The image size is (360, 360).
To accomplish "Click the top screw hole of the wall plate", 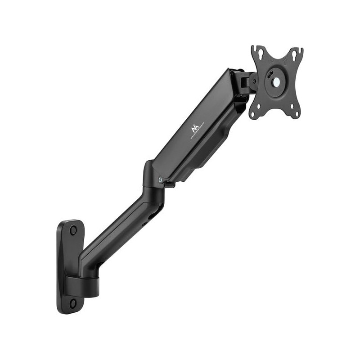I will pyautogui.click(x=73, y=230).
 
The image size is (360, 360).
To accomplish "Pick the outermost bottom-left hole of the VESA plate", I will pyautogui.click(x=253, y=114).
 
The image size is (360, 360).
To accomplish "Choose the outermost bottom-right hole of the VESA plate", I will pyautogui.click(x=297, y=113).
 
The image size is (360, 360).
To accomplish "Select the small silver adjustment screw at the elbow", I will pyautogui.click(x=161, y=179).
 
